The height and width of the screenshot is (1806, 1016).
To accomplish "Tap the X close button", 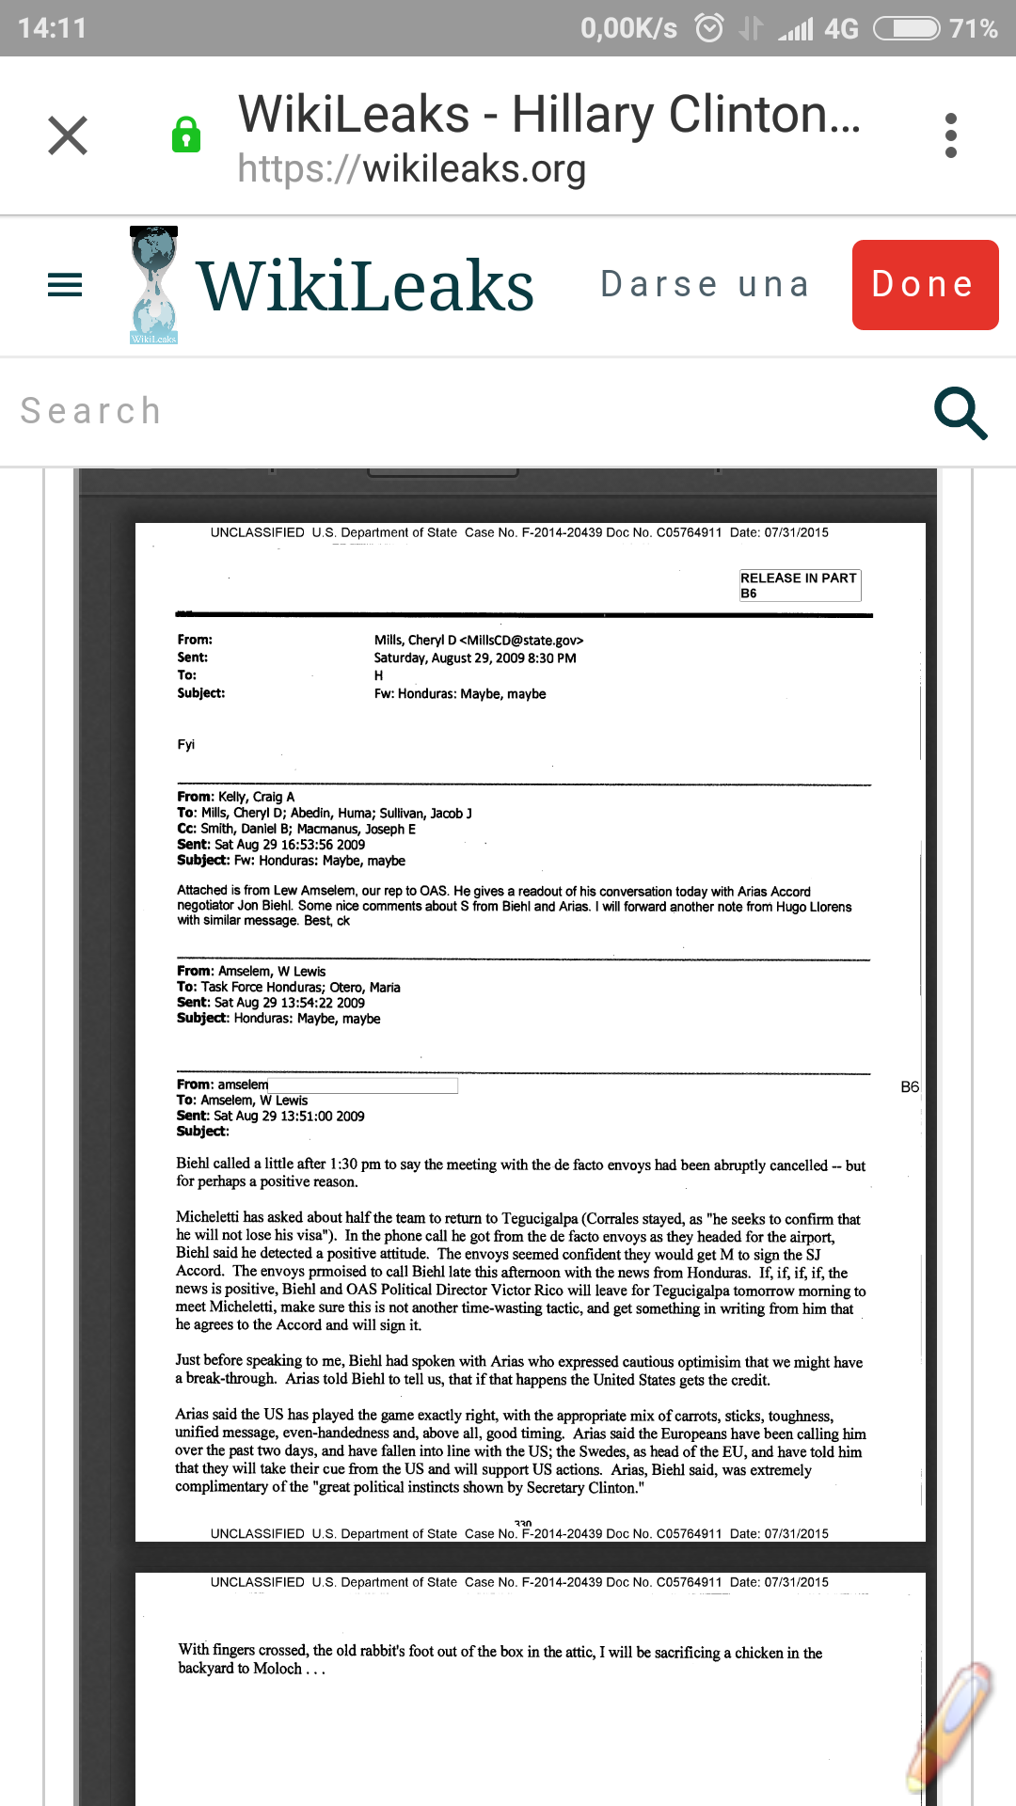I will click(x=68, y=135).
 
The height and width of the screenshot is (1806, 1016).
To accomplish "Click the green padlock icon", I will click(x=186, y=135).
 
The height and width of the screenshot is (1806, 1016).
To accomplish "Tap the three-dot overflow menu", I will click(x=951, y=135).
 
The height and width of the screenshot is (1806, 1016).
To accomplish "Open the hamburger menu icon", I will click(x=65, y=284).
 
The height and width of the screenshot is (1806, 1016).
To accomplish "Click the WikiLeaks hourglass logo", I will click(x=153, y=284).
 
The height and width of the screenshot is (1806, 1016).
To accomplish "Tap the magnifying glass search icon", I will click(x=960, y=413).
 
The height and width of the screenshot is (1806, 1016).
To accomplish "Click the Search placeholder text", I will click(x=91, y=411).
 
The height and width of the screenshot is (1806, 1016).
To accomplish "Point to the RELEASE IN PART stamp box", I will click(x=799, y=585).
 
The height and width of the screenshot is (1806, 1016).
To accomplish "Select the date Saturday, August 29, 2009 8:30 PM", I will click(x=474, y=658).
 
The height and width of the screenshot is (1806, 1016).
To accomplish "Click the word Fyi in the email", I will click(x=186, y=745).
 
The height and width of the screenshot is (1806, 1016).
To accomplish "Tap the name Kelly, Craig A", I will click(x=256, y=797).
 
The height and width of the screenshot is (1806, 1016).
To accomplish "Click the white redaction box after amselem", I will click(x=363, y=1085).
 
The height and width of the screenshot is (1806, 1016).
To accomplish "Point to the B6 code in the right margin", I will click(x=910, y=1087).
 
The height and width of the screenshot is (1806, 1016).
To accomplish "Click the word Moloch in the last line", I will click(x=278, y=1669).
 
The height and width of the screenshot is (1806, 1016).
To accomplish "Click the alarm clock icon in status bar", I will click(x=709, y=28).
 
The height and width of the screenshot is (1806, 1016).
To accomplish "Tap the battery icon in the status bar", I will click(x=906, y=28).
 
